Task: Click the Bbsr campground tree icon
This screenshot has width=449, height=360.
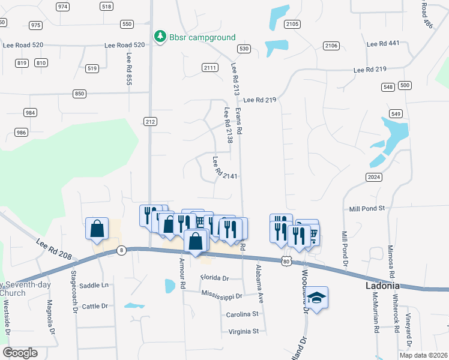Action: (160, 37)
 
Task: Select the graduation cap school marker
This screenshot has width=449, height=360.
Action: (316, 298)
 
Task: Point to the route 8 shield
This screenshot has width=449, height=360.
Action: (121, 250)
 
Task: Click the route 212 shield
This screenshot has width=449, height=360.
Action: (150, 122)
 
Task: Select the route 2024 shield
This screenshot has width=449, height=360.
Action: (373, 176)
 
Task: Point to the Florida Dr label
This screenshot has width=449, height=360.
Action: (215, 278)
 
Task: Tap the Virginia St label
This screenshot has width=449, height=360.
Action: (243, 331)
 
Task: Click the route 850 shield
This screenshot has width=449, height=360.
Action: (79, 94)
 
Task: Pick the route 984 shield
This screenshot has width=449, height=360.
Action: (30, 113)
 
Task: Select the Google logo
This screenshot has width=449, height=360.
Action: (20, 353)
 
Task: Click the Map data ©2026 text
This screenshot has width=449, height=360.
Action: (423, 355)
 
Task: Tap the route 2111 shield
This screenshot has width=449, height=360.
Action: (209, 68)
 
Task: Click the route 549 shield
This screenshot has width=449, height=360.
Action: (395, 114)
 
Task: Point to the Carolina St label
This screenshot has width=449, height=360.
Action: (242, 314)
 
